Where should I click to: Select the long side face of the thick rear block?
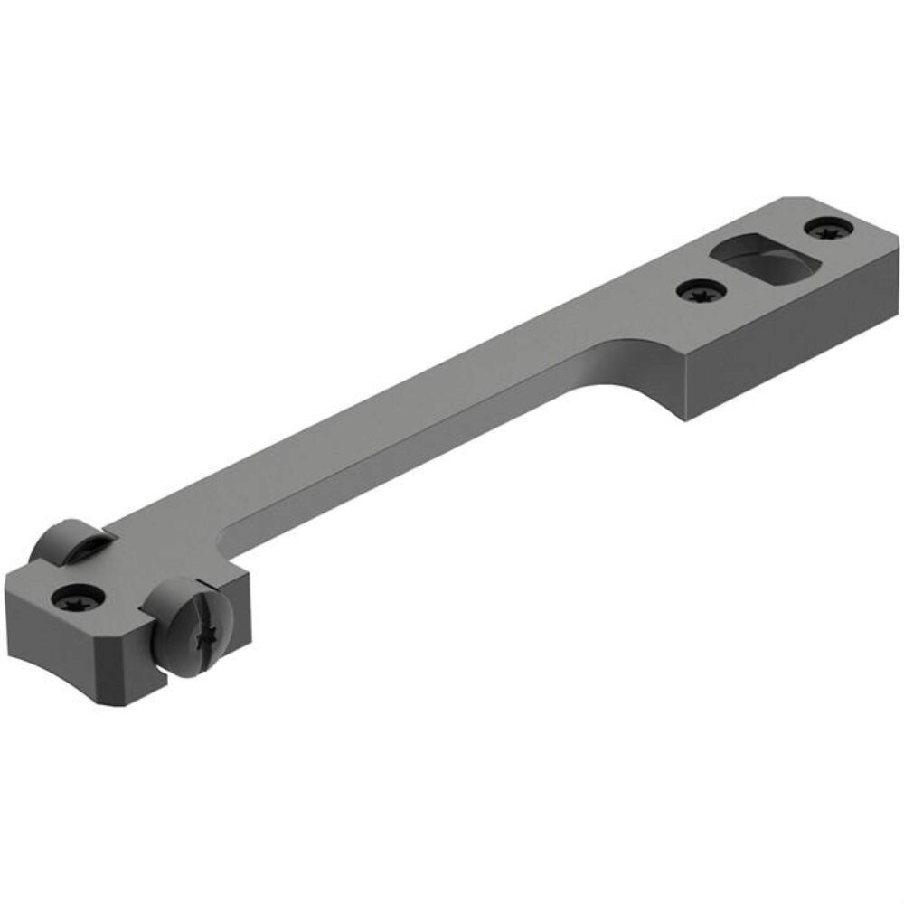pos(777,353)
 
